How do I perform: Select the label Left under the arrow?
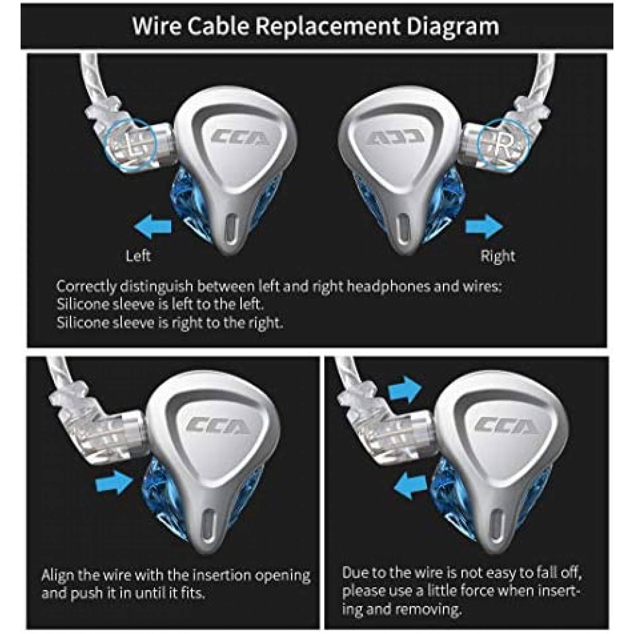[x=138, y=256]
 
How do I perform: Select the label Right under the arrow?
[x=498, y=256]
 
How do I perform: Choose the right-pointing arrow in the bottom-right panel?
[x=405, y=390]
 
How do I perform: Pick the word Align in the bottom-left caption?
[x=56, y=575]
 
